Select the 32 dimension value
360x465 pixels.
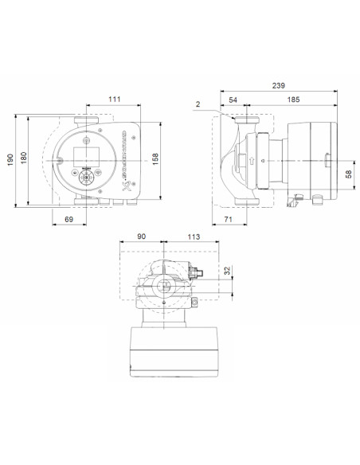229,271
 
